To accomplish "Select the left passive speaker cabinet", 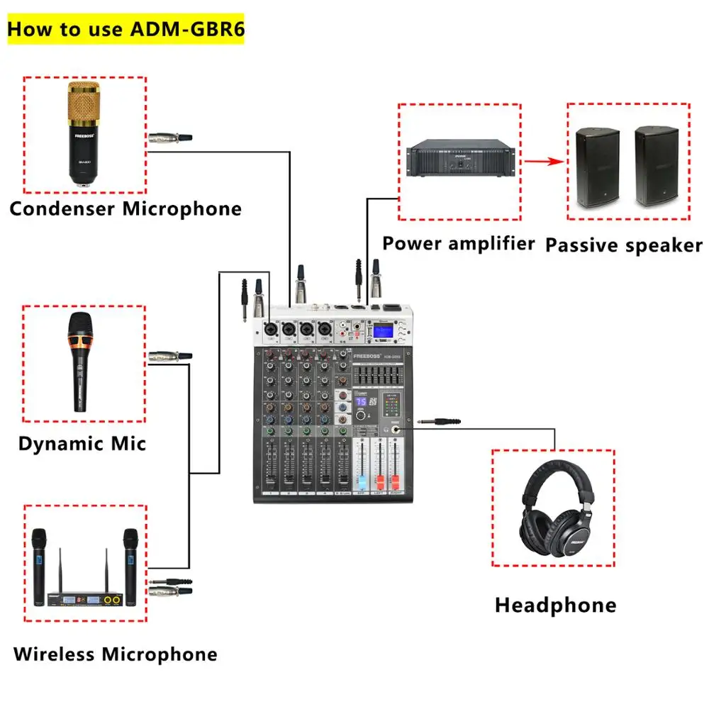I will click(597, 167).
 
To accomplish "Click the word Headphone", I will click(555, 605).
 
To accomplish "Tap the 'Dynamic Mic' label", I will click(82, 444).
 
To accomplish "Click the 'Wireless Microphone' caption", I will click(115, 654).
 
